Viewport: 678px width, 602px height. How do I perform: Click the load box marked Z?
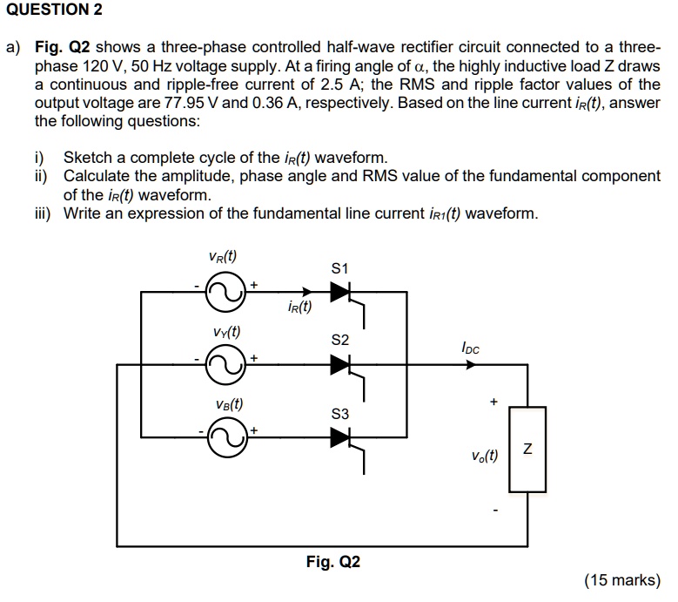point(527,450)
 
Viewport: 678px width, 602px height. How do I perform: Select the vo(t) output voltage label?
point(485,455)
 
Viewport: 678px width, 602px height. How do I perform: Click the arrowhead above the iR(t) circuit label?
point(305,294)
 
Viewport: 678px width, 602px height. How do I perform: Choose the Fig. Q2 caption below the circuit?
point(332,562)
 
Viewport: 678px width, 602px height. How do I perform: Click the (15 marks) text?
point(622,581)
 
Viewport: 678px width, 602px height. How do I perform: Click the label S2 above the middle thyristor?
point(340,340)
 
